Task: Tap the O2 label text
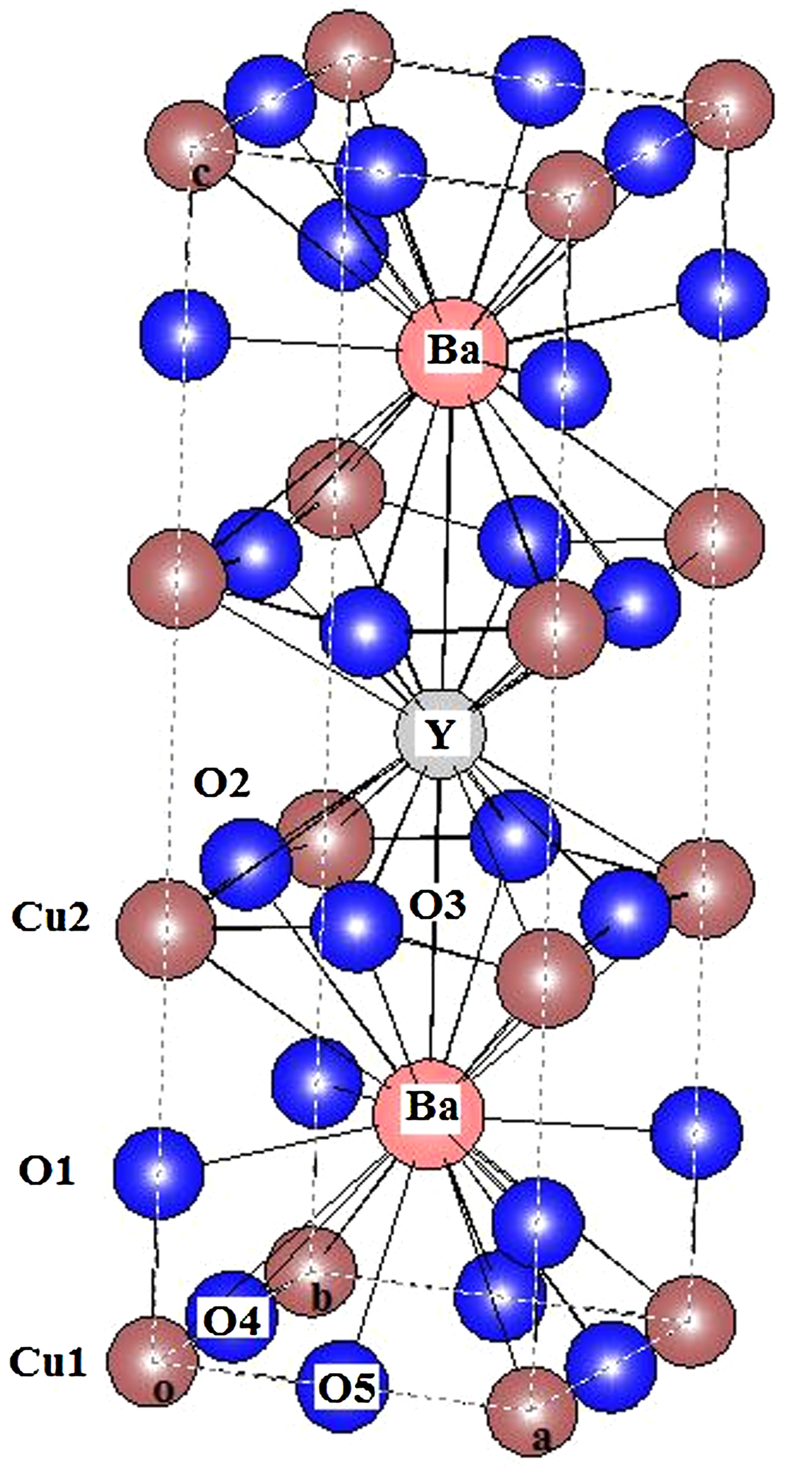point(222,784)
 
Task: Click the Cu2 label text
point(50,917)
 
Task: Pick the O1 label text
point(47,1171)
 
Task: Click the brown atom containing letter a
point(532,1407)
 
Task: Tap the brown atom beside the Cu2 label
point(166,929)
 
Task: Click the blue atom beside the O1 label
point(158,1173)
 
